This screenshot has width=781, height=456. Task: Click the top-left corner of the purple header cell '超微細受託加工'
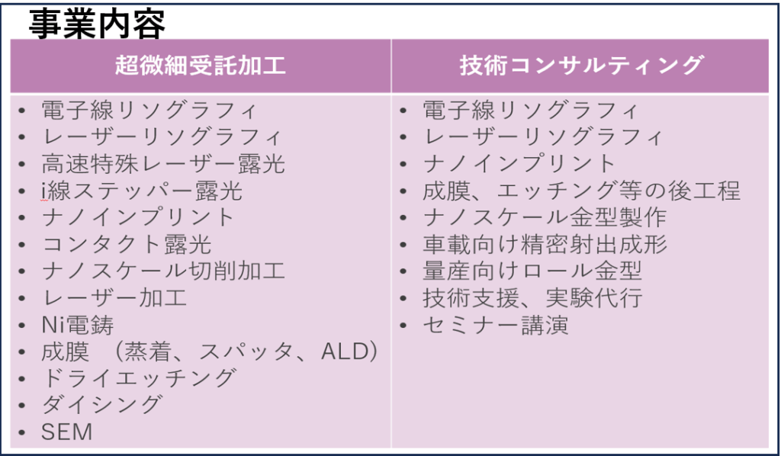[11, 40]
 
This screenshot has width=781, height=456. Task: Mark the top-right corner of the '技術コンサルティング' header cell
[769, 40]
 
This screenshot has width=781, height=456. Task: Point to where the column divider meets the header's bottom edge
[391, 93]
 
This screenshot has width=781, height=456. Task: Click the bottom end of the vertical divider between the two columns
[391, 448]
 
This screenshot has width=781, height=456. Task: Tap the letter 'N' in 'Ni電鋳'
[49, 326]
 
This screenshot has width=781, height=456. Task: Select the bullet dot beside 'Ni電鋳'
[21, 326]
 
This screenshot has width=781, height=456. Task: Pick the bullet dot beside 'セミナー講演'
[403, 326]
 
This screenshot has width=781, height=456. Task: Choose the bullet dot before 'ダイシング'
[21, 405]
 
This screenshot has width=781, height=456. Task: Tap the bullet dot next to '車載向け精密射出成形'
[403, 245]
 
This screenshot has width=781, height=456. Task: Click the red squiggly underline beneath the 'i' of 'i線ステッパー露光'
[45, 200]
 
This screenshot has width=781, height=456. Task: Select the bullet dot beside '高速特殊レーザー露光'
[21, 164]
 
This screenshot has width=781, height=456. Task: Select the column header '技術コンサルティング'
[581, 66]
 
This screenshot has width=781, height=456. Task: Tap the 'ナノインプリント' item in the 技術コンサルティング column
[519, 164]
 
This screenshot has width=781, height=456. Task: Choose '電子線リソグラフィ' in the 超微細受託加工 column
[149, 110]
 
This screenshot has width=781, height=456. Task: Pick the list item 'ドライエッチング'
[138, 378]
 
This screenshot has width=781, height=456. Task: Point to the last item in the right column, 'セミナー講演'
[496, 326]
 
